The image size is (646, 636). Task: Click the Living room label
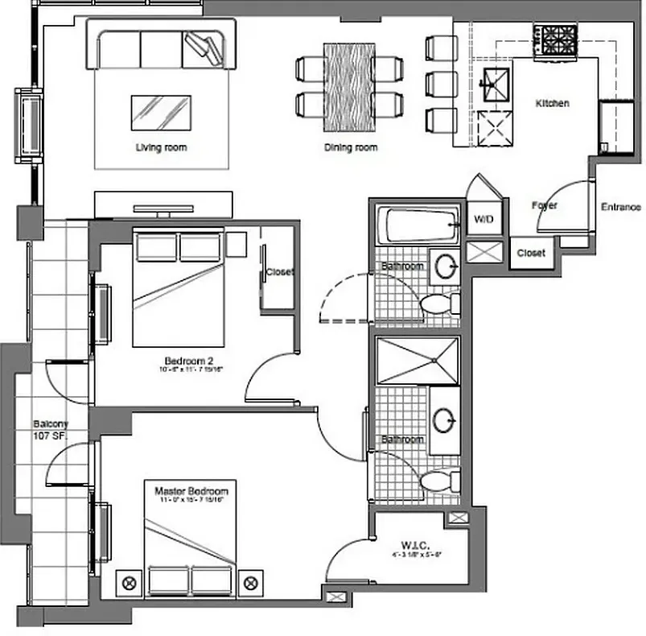(x=161, y=147)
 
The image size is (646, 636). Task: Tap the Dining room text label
(x=351, y=147)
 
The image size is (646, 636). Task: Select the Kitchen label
(x=553, y=104)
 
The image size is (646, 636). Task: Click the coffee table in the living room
(x=161, y=112)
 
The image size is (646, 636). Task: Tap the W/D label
(x=483, y=219)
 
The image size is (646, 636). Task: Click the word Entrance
(x=621, y=207)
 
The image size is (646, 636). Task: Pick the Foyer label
(x=545, y=206)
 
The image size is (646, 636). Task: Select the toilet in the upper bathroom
(x=438, y=304)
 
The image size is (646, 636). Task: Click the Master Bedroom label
(x=191, y=490)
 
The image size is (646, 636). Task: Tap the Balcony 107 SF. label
(x=51, y=430)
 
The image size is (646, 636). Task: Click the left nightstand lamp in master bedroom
(x=126, y=580)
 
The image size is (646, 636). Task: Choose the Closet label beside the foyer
(x=531, y=253)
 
